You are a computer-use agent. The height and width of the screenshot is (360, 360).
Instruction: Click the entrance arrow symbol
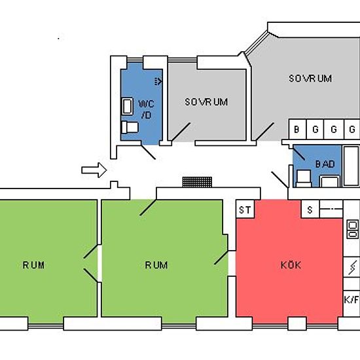coord(94,170)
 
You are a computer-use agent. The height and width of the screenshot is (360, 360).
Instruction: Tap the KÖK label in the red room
coord(291,265)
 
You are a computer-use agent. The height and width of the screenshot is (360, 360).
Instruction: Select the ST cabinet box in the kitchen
coord(245,209)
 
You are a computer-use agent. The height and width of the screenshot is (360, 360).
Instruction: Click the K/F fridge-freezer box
coord(351,300)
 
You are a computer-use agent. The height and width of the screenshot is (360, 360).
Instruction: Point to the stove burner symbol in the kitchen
coord(352,229)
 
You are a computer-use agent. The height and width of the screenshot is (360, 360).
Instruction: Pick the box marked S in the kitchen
coord(310,209)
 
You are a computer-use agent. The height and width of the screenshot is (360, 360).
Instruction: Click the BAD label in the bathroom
coord(325,164)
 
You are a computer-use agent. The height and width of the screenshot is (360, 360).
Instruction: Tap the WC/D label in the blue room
coord(146,109)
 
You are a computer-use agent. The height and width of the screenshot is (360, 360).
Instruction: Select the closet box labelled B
coord(297,129)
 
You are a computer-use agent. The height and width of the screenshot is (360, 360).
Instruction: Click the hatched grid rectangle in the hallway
coord(197,182)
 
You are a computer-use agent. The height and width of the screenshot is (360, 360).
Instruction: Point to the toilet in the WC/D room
coord(130,128)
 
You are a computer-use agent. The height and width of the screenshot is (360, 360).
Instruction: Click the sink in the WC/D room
coord(127,106)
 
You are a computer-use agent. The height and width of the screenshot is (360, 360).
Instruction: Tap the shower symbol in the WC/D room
coord(158,81)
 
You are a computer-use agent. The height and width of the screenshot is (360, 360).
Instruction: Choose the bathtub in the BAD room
coord(351,166)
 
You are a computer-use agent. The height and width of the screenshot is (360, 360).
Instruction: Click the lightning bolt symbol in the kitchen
coord(353,267)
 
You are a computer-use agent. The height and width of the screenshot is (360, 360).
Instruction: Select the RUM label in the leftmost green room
coord(33,265)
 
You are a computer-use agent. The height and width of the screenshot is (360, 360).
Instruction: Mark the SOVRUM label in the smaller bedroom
coord(206,102)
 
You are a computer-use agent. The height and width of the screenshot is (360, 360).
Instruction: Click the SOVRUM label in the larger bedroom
coord(310,79)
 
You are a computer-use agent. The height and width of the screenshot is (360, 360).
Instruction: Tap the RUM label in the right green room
coord(156,265)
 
